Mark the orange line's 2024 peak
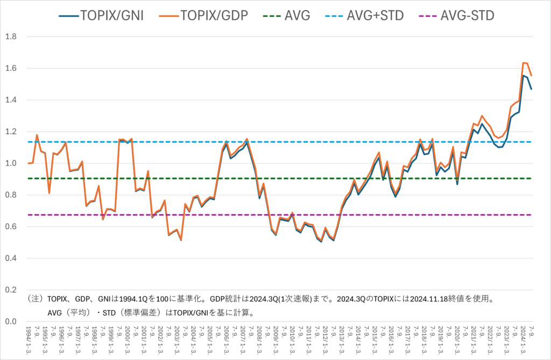524,63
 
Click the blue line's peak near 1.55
523,75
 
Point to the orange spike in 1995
37,135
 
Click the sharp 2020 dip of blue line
457,185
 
